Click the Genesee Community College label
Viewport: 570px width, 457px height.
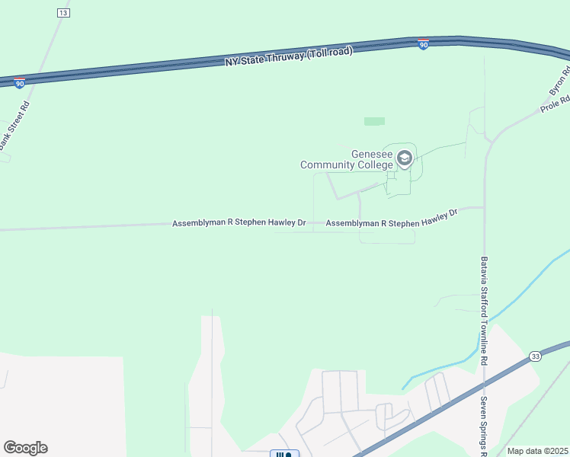point(347,159)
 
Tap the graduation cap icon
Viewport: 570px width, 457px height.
point(404,158)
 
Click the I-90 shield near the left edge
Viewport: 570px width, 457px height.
point(19,82)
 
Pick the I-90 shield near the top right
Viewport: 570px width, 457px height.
point(423,45)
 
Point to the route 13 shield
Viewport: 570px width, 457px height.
point(62,13)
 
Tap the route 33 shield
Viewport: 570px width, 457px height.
point(536,356)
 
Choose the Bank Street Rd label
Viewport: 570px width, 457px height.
point(13,124)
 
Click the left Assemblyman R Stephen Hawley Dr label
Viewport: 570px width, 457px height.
point(239,223)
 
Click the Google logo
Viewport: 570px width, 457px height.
point(25,448)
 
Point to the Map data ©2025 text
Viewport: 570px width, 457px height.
point(537,451)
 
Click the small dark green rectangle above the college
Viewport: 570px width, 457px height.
point(374,121)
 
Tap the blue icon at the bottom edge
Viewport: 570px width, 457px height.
point(282,454)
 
